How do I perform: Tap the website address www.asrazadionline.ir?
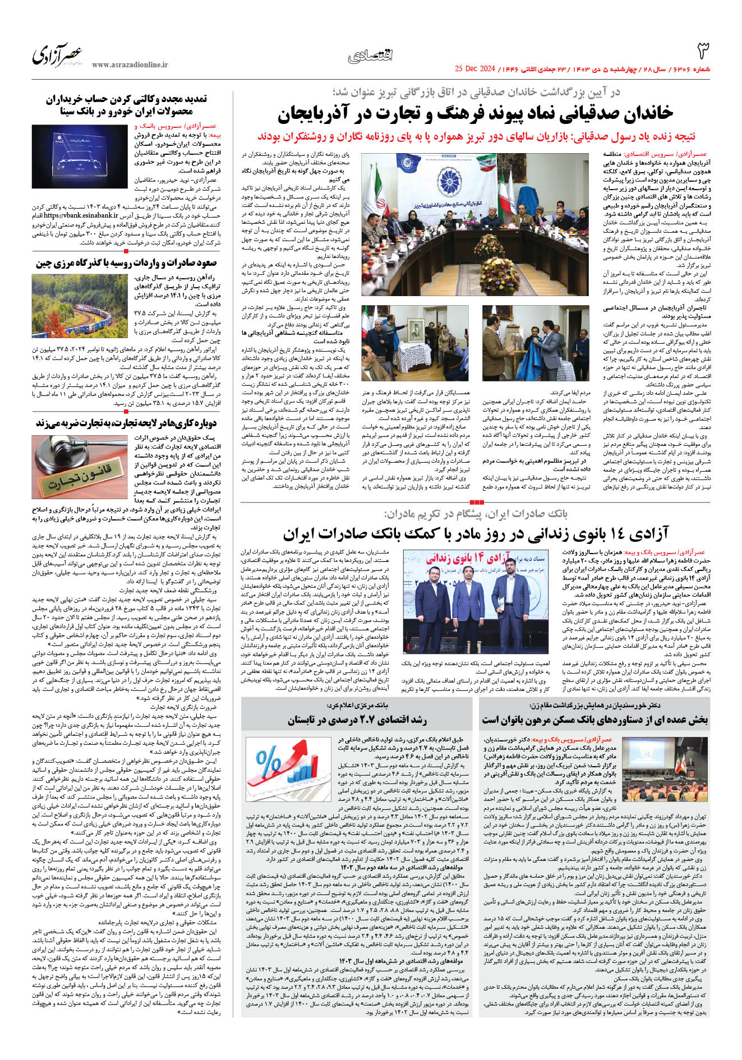(x=130, y=64)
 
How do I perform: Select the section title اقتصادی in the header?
(x=371, y=56)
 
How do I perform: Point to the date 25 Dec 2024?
(x=475, y=69)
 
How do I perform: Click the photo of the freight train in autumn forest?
(x=80, y=304)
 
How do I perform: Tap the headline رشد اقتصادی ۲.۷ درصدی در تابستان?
(x=357, y=720)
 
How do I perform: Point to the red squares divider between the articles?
(x=476, y=502)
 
